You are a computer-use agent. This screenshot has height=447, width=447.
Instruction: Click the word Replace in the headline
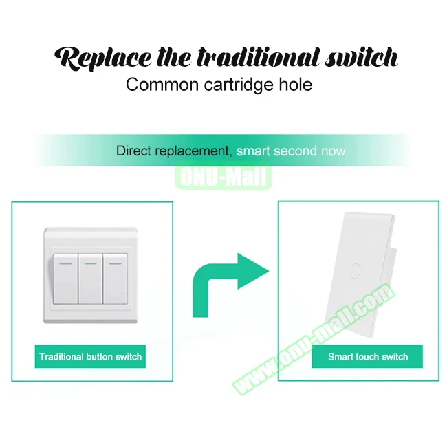pos(103,58)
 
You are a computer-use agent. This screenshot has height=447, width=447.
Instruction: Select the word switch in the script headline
pos(362,57)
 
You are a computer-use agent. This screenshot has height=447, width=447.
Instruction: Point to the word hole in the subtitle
pos(296,85)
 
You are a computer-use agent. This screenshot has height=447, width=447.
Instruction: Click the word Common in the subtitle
pos(162,85)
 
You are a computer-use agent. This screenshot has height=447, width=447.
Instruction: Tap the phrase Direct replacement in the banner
pos(174,151)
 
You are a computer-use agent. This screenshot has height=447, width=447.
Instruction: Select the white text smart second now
pos(291,151)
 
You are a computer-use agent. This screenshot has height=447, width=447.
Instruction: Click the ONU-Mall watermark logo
pos(223,176)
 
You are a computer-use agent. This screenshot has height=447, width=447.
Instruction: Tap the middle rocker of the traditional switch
pos(90,279)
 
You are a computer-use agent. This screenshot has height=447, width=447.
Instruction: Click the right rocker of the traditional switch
pos(115,279)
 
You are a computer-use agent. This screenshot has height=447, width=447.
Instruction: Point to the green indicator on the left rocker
pos(65,263)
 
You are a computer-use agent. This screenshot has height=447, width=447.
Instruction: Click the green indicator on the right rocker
pos(115,263)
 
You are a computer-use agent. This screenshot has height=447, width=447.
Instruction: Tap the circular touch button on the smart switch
pos(356,271)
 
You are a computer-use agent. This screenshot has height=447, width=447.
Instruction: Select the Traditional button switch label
pos(90,357)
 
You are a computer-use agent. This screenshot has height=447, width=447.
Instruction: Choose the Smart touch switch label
pos(368,357)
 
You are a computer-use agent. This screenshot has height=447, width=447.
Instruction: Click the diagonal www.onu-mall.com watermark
pos(314,339)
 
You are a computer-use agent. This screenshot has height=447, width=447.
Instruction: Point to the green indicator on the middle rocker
pos(90,263)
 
